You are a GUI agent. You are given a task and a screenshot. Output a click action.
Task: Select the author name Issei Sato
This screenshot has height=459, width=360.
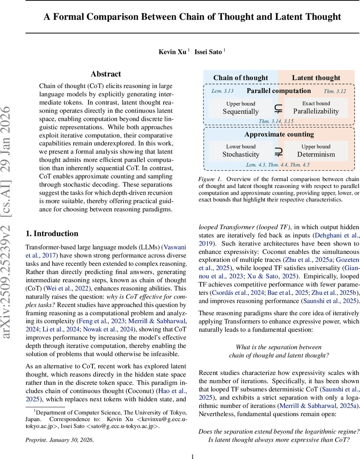[209, 52]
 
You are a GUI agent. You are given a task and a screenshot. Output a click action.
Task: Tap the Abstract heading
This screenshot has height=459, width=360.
[106, 74]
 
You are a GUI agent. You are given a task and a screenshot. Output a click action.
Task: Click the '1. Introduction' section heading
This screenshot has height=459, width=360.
[52, 234]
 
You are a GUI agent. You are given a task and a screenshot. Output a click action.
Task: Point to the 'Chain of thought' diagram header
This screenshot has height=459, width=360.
[241, 78]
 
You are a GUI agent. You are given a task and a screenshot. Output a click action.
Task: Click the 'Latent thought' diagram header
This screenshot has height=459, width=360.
[316, 78]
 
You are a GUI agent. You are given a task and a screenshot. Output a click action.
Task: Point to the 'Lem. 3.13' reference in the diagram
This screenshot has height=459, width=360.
[222, 91]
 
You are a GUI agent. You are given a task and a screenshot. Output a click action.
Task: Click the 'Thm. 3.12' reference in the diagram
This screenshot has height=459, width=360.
[335, 91]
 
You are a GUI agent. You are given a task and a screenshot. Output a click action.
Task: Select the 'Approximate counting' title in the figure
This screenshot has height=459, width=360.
[279, 134]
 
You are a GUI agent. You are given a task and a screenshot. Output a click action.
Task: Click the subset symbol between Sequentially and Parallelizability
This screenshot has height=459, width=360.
[279, 109]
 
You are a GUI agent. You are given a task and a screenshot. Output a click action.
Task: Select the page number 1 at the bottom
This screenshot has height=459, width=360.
[193, 456]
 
